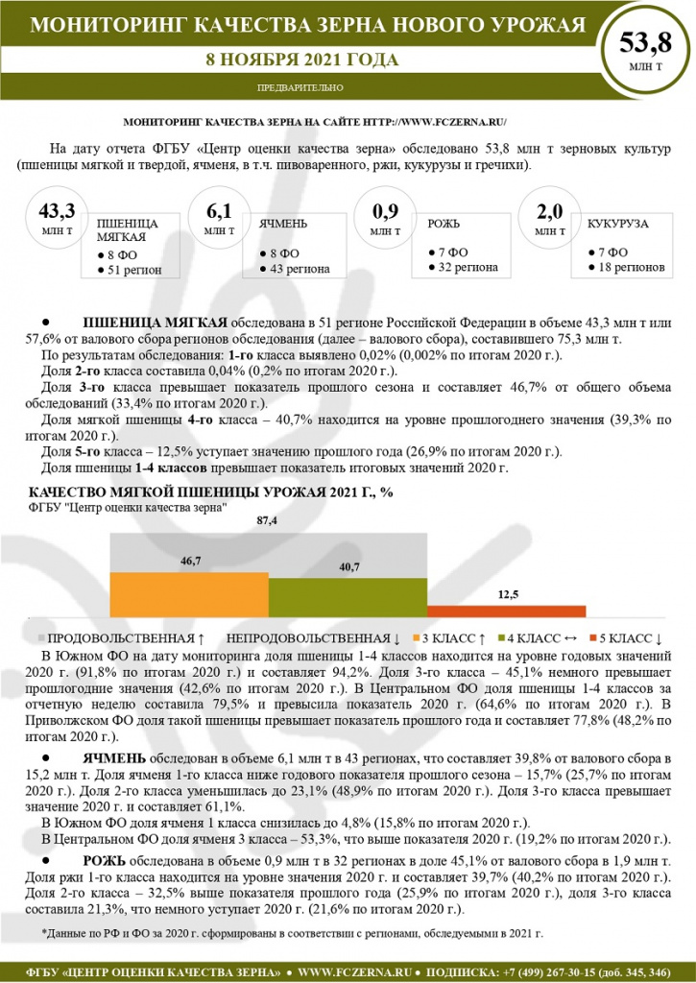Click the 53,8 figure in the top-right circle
coord(645,43)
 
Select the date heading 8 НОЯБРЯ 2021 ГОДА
coord(301,60)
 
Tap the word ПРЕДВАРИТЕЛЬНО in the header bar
coord(300,87)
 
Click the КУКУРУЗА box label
coord(616,223)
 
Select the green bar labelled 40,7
coord(348,598)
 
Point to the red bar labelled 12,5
coord(506,611)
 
